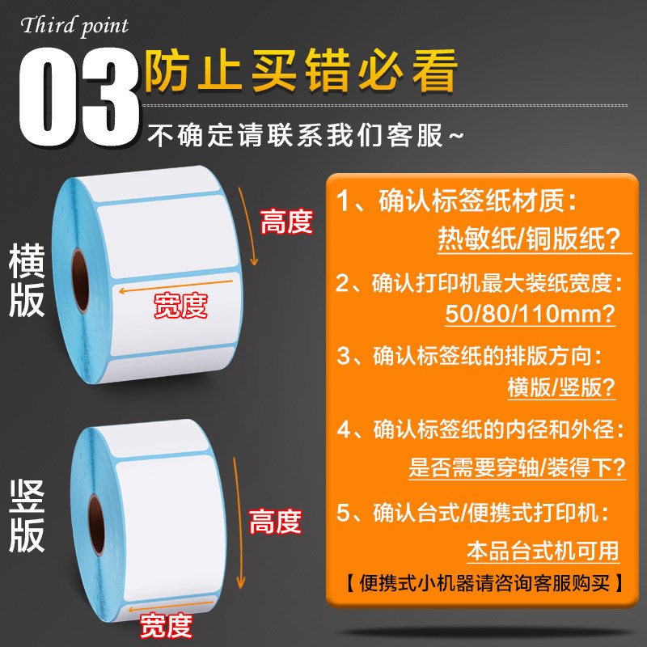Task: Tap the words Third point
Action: tap(74, 25)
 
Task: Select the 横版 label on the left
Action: tap(27, 281)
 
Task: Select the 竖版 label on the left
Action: tap(27, 516)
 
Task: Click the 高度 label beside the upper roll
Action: tap(286, 221)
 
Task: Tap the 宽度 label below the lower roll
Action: tap(165, 624)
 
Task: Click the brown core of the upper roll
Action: tap(81, 280)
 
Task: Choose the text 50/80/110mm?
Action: tap(530, 313)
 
